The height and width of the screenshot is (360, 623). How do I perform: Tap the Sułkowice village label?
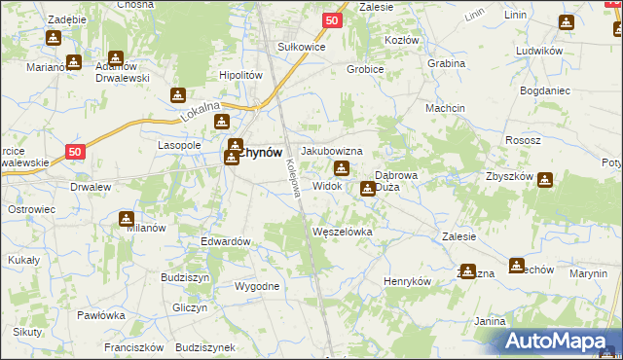(x=301, y=46)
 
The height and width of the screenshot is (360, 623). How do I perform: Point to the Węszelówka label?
(x=342, y=232)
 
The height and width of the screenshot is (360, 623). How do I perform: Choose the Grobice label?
(x=367, y=69)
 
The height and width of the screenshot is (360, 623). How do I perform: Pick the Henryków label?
(x=407, y=281)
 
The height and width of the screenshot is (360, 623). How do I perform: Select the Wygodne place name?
(x=257, y=286)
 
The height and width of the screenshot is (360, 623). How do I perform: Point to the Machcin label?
(x=444, y=108)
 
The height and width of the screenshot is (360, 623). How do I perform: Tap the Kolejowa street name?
(x=291, y=180)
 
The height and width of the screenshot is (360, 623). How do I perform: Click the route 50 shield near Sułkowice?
(x=333, y=19)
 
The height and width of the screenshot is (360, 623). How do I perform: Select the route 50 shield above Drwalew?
(x=77, y=151)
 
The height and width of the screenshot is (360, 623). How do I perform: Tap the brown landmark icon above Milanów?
(x=127, y=219)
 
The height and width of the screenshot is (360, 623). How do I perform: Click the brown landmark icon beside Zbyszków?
(x=544, y=180)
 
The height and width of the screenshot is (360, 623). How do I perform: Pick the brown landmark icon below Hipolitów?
(x=178, y=95)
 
